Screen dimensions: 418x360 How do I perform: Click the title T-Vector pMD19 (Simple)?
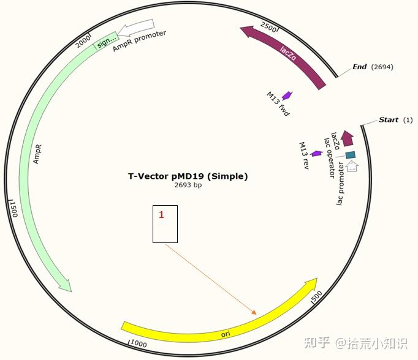188,176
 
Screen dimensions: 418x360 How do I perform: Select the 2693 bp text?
188,185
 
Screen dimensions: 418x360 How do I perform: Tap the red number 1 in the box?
161,215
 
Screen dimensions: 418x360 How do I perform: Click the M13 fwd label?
277,105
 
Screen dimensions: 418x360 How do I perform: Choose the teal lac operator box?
350,156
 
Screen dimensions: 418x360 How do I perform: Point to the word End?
360,67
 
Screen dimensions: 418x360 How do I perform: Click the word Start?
389,119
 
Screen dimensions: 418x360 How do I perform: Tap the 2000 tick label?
82,43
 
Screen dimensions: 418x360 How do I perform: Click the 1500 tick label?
13,208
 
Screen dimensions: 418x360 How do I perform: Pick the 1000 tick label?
138,344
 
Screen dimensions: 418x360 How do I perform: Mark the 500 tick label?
316,297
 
